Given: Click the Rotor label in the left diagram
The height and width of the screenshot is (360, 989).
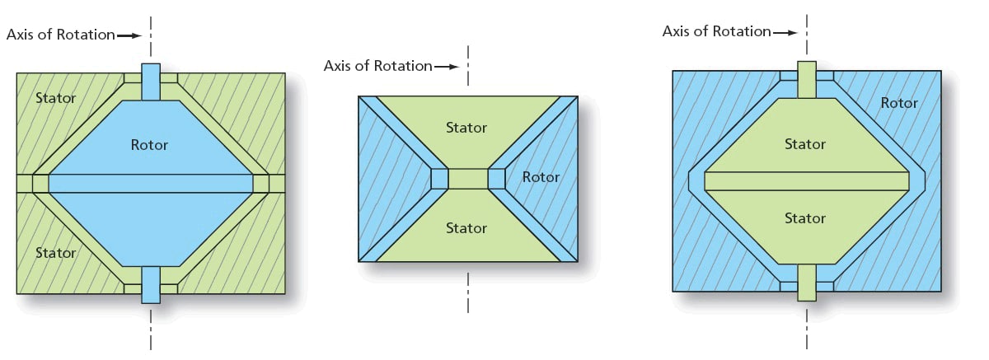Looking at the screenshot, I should pos(149,145).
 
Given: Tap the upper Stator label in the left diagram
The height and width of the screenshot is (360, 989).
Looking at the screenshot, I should pos(56,99).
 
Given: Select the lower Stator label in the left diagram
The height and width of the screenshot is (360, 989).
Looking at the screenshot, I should pos(56,253).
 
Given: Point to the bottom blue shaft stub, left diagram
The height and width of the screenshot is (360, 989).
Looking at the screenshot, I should pos(150,284).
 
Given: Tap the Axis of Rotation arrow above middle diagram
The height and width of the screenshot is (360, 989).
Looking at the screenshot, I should pos(446,66).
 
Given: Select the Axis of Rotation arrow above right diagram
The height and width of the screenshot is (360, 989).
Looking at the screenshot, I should pos(785,33).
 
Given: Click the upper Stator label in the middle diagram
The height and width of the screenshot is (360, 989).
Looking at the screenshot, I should pos(466,128).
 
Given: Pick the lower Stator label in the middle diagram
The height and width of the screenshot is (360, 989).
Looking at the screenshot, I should pos(466,228).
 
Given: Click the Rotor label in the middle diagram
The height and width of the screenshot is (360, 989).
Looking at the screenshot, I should pos(541,177).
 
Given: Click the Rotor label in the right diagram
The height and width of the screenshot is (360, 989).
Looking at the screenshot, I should pos(899,103).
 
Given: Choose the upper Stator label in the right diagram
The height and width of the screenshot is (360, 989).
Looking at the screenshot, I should pos(805,144).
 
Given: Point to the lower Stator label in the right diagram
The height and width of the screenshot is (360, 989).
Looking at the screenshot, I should pos(805,218).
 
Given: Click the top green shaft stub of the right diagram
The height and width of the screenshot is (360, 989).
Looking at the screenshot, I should pos(807,80).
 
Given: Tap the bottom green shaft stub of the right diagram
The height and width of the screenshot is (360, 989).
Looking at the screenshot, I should pos(807,283).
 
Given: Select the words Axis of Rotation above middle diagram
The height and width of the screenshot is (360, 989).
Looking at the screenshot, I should pos(378,66).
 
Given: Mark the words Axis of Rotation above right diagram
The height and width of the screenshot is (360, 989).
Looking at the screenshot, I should pos(717,32).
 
